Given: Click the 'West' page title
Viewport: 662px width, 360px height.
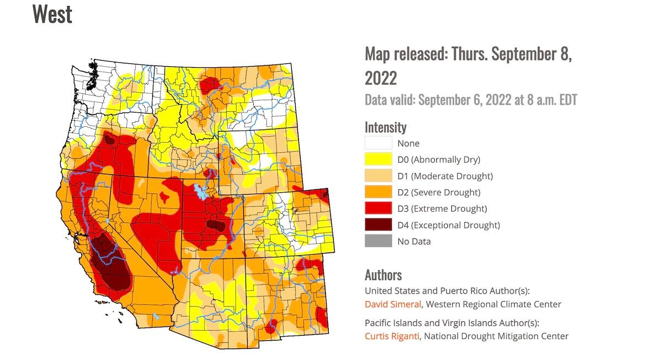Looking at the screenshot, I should (x=52, y=14).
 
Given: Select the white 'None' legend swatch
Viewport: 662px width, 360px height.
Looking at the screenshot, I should (x=378, y=143).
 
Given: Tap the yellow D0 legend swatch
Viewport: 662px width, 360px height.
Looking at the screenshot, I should (x=378, y=160).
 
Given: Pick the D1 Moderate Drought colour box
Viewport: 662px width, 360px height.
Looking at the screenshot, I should (x=378, y=176).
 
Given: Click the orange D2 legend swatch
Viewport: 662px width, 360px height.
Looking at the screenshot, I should (x=378, y=192).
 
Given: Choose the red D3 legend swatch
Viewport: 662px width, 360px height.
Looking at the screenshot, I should (x=378, y=208).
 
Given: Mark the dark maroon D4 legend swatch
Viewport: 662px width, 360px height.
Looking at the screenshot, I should (x=378, y=225).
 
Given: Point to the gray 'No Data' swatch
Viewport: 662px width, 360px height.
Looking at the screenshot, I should (x=378, y=241).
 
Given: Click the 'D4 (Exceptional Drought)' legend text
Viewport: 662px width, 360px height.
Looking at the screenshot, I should (x=449, y=225).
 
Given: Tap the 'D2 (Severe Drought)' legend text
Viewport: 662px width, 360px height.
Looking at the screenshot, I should (x=439, y=192).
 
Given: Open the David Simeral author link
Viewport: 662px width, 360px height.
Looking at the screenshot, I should (x=393, y=304).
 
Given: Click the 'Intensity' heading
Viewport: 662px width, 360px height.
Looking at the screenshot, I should (x=386, y=127).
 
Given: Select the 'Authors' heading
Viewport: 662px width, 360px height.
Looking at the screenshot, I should (x=383, y=275).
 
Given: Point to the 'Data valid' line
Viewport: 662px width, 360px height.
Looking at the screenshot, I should (x=471, y=100).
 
